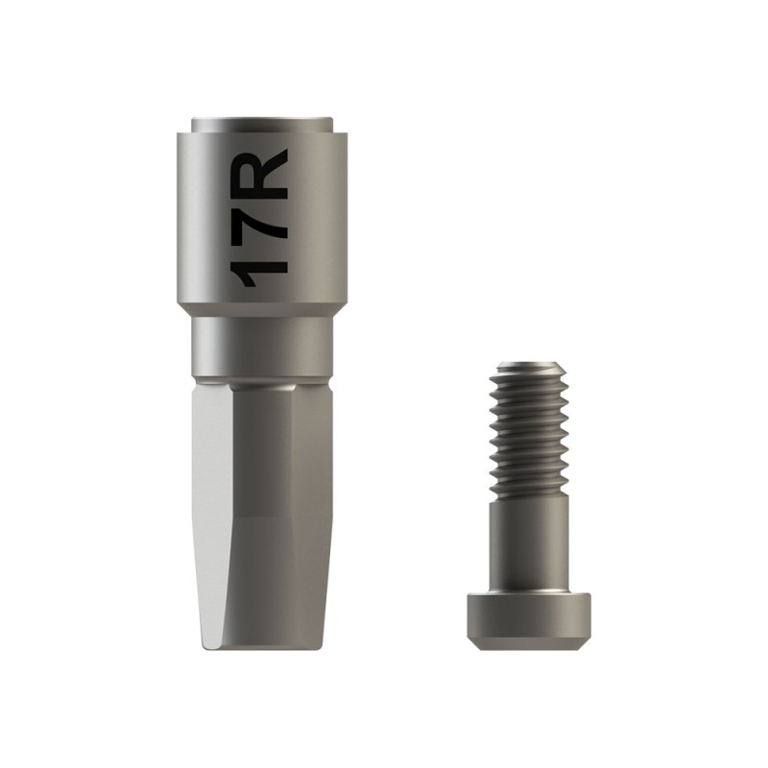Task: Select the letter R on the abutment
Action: click(x=260, y=172)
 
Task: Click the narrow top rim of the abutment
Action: click(x=263, y=125)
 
